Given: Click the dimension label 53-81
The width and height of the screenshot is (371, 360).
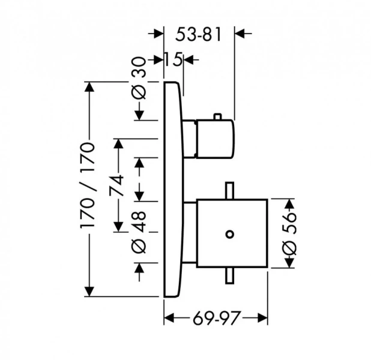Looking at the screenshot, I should (199, 34).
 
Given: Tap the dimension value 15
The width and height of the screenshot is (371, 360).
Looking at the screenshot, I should (173, 59).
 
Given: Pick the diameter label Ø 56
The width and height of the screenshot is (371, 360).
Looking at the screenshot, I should (289, 231).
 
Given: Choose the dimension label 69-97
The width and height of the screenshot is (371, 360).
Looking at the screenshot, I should (217, 318).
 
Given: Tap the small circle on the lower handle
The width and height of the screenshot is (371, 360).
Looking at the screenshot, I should (229, 232).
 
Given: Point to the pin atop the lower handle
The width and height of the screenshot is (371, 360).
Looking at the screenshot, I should (229, 190).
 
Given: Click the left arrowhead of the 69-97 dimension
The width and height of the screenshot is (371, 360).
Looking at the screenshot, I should (169, 318).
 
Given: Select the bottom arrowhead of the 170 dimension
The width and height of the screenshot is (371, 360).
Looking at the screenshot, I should (90, 292).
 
